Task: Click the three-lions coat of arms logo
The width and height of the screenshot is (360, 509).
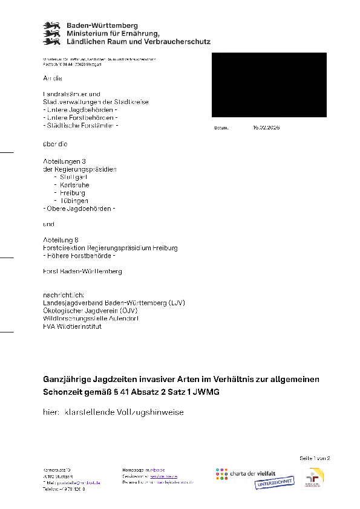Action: [51, 33]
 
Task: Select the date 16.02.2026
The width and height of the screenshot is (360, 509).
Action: [266, 128]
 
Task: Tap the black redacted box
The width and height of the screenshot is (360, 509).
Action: [269, 85]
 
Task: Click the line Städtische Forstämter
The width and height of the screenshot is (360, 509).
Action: [81, 126]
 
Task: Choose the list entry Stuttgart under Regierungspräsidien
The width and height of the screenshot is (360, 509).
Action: [74, 177]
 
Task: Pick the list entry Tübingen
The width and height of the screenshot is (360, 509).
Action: [74, 200]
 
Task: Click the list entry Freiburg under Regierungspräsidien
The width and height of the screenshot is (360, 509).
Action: [73, 192]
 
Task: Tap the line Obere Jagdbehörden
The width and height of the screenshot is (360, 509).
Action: [79, 208]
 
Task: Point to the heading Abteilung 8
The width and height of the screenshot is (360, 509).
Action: [61, 240]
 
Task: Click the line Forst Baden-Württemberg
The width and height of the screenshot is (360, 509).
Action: [82, 271]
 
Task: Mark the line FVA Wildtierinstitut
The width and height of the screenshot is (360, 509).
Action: [72, 326]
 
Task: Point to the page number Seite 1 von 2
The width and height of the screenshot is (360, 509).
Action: [315, 458]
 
